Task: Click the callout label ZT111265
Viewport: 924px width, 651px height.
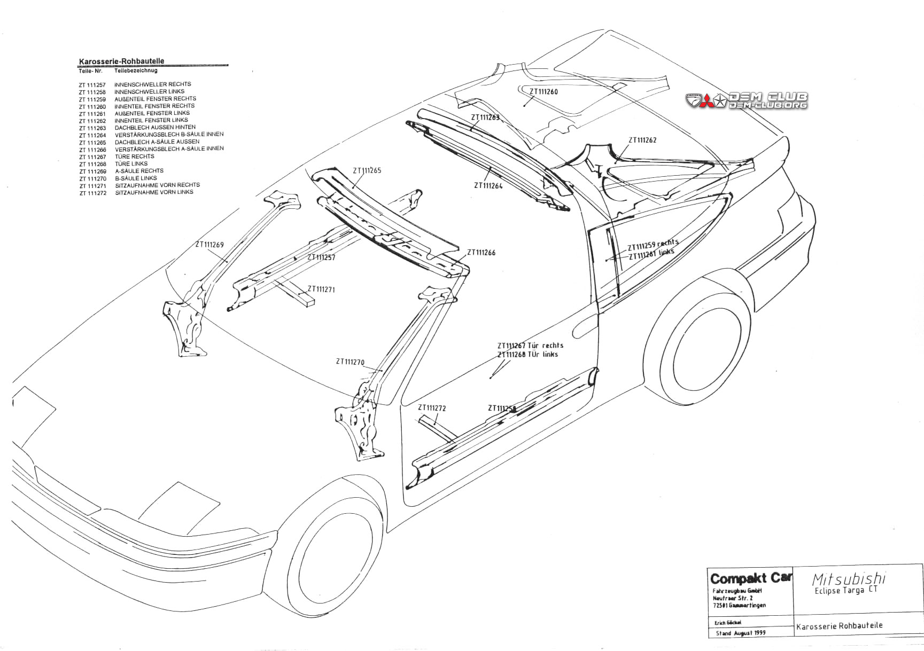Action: tap(367, 171)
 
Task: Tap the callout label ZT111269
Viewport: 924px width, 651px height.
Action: tap(209, 245)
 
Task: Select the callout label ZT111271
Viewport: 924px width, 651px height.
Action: tap(321, 289)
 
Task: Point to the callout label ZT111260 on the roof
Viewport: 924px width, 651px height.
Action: tap(543, 92)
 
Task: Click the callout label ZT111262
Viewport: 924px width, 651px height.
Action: tap(642, 140)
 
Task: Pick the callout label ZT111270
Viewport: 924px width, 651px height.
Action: tap(350, 362)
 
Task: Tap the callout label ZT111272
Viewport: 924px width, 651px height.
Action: tap(432, 408)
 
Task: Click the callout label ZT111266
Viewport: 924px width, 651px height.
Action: tap(481, 253)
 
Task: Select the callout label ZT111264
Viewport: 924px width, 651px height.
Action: tap(488, 186)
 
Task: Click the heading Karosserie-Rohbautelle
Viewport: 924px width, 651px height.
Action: tap(122, 61)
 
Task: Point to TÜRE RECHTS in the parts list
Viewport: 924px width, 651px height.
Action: tap(135, 156)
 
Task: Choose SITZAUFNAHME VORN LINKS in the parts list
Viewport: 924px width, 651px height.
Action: tap(154, 192)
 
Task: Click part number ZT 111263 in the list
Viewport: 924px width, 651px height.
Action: tap(92, 128)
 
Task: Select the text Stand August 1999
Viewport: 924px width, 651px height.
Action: tap(741, 633)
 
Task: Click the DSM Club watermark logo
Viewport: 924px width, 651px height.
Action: tap(747, 100)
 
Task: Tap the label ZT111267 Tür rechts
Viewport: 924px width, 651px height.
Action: tap(530, 346)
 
